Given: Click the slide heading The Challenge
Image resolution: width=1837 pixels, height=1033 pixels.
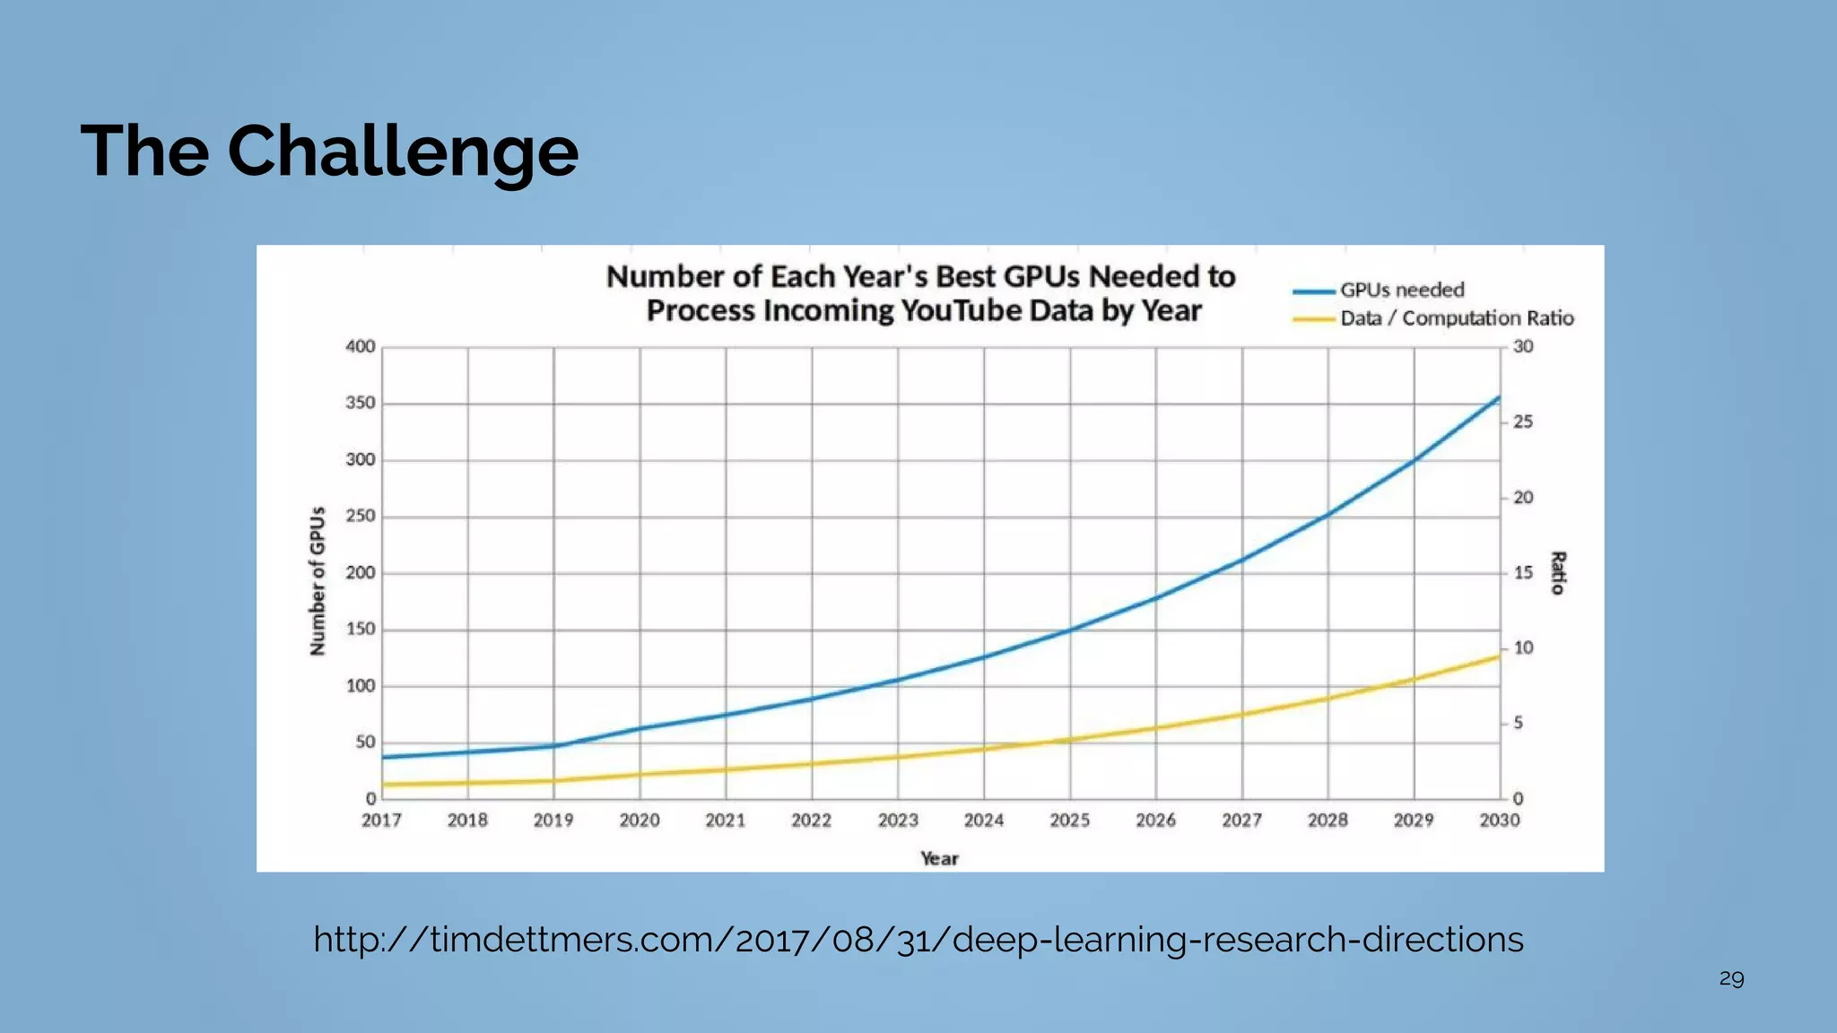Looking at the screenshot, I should click(x=329, y=151).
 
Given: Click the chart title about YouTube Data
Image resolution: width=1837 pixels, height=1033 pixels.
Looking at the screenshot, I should click(x=921, y=293).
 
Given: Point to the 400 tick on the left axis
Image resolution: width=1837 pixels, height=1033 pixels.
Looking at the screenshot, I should click(x=361, y=347).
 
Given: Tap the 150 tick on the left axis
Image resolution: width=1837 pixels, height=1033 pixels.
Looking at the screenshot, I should click(x=361, y=629).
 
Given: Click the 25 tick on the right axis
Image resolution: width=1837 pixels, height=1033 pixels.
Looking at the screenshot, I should click(x=1523, y=421).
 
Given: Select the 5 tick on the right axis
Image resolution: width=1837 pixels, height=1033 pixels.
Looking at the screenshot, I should click(x=1518, y=723).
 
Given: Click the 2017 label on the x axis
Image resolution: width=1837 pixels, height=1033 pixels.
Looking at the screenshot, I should click(x=381, y=820).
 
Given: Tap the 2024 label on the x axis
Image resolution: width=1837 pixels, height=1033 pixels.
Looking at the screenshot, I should click(x=984, y=820).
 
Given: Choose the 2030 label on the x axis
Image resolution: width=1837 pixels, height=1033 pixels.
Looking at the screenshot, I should click(x=1500, y=820).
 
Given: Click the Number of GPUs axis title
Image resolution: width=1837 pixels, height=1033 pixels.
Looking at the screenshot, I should click(x=318, y=581).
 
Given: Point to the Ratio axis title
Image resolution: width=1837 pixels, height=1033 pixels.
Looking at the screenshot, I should click(x=1558, y=573).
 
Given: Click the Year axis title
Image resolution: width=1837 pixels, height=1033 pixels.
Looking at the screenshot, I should click(x=939, y=859).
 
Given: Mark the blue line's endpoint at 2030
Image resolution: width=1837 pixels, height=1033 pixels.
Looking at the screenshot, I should click(x=1499, y=397).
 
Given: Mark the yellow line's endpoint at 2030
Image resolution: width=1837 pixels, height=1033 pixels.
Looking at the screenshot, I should click(x=1499, y=656).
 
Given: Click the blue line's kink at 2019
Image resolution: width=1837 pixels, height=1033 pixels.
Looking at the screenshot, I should click(x=554, y=745).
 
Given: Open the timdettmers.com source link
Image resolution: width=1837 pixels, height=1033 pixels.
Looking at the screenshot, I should click(x=918, y=940).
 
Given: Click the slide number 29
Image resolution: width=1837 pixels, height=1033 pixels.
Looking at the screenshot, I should click(x=1731, y=978).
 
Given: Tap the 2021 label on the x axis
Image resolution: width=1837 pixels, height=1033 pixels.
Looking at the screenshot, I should click(x=726, y=820).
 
